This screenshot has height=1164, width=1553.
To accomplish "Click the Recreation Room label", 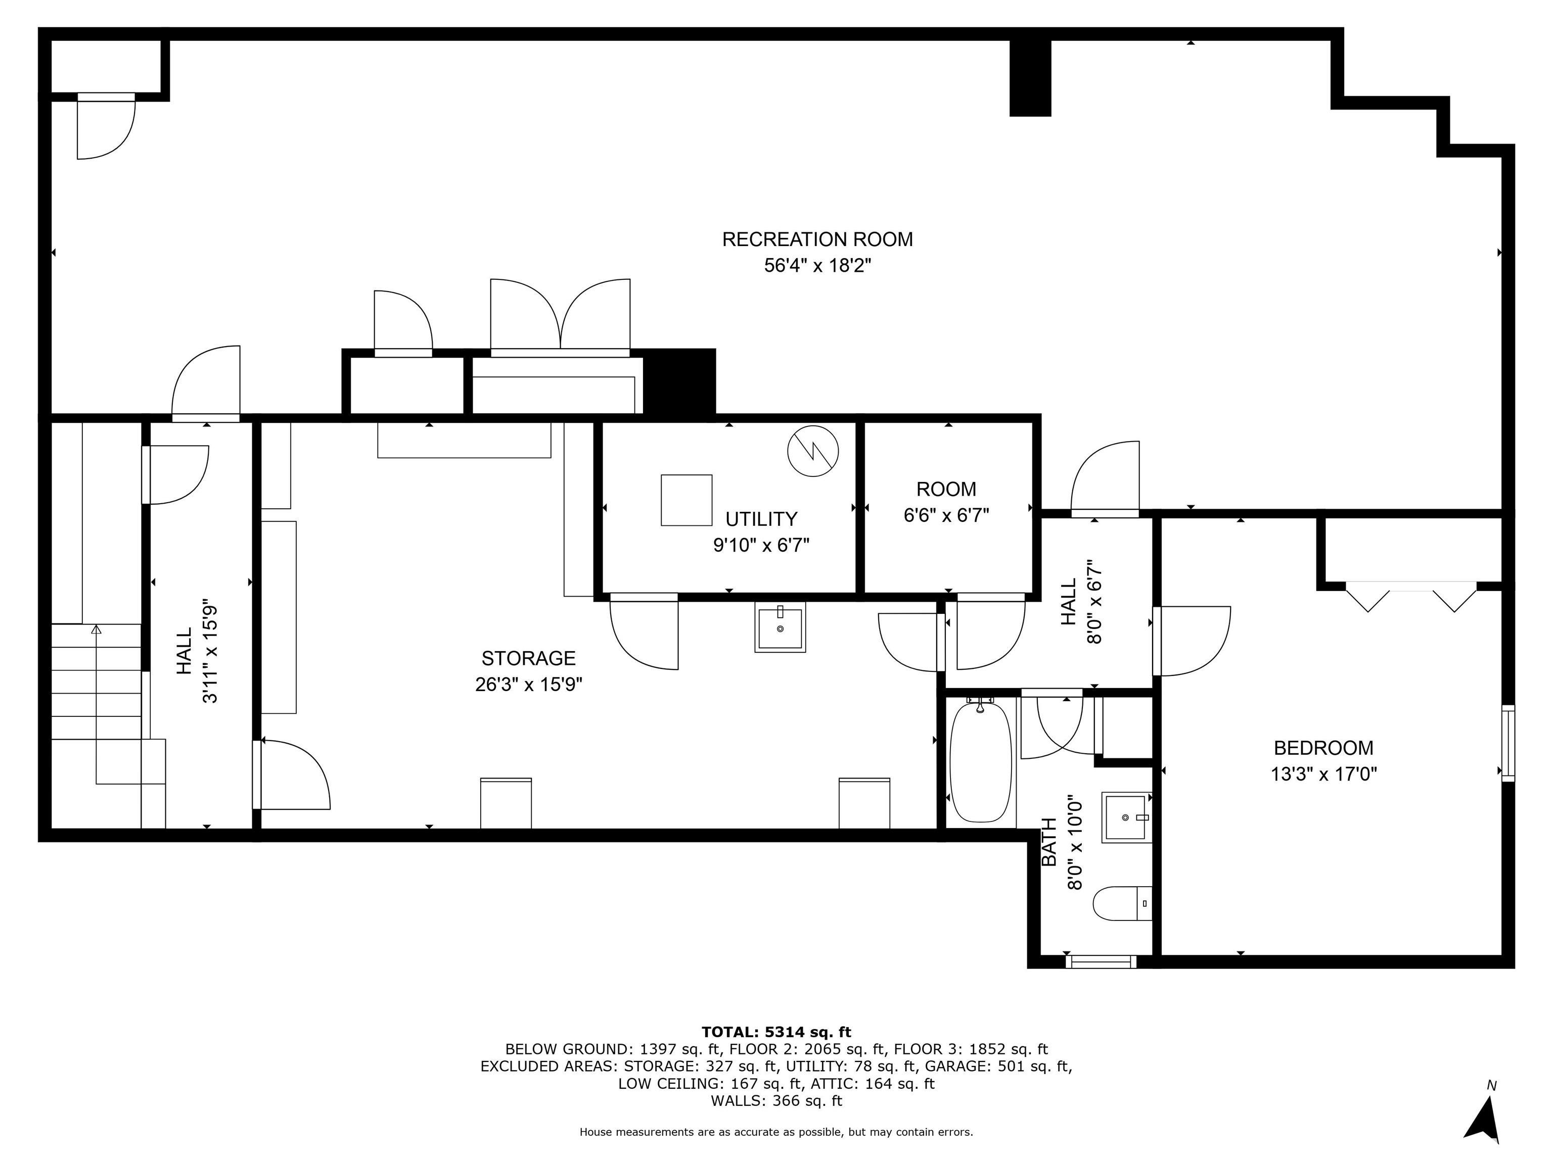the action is (x=817, y=239).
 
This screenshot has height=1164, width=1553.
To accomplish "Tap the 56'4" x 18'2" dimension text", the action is (x=817, y=266).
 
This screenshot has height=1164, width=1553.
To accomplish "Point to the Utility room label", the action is (x=761, y=519).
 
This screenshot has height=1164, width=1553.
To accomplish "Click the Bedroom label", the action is (x=1323, y=748).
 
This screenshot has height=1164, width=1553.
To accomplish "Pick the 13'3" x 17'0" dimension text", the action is (x=1323, y=774).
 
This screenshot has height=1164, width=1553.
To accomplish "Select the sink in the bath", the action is (x=1127, y=817).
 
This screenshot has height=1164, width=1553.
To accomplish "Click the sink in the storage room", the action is (x=780, y=627).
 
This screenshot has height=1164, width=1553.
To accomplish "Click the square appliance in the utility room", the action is (x=687, y=500).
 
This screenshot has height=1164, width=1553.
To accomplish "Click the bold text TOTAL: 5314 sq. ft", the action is (x=776, y=1032).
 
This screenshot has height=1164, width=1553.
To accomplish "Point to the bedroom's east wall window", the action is (x=1508, y=742).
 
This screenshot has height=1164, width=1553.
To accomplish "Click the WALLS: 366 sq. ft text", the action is (x=776, y=1101).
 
